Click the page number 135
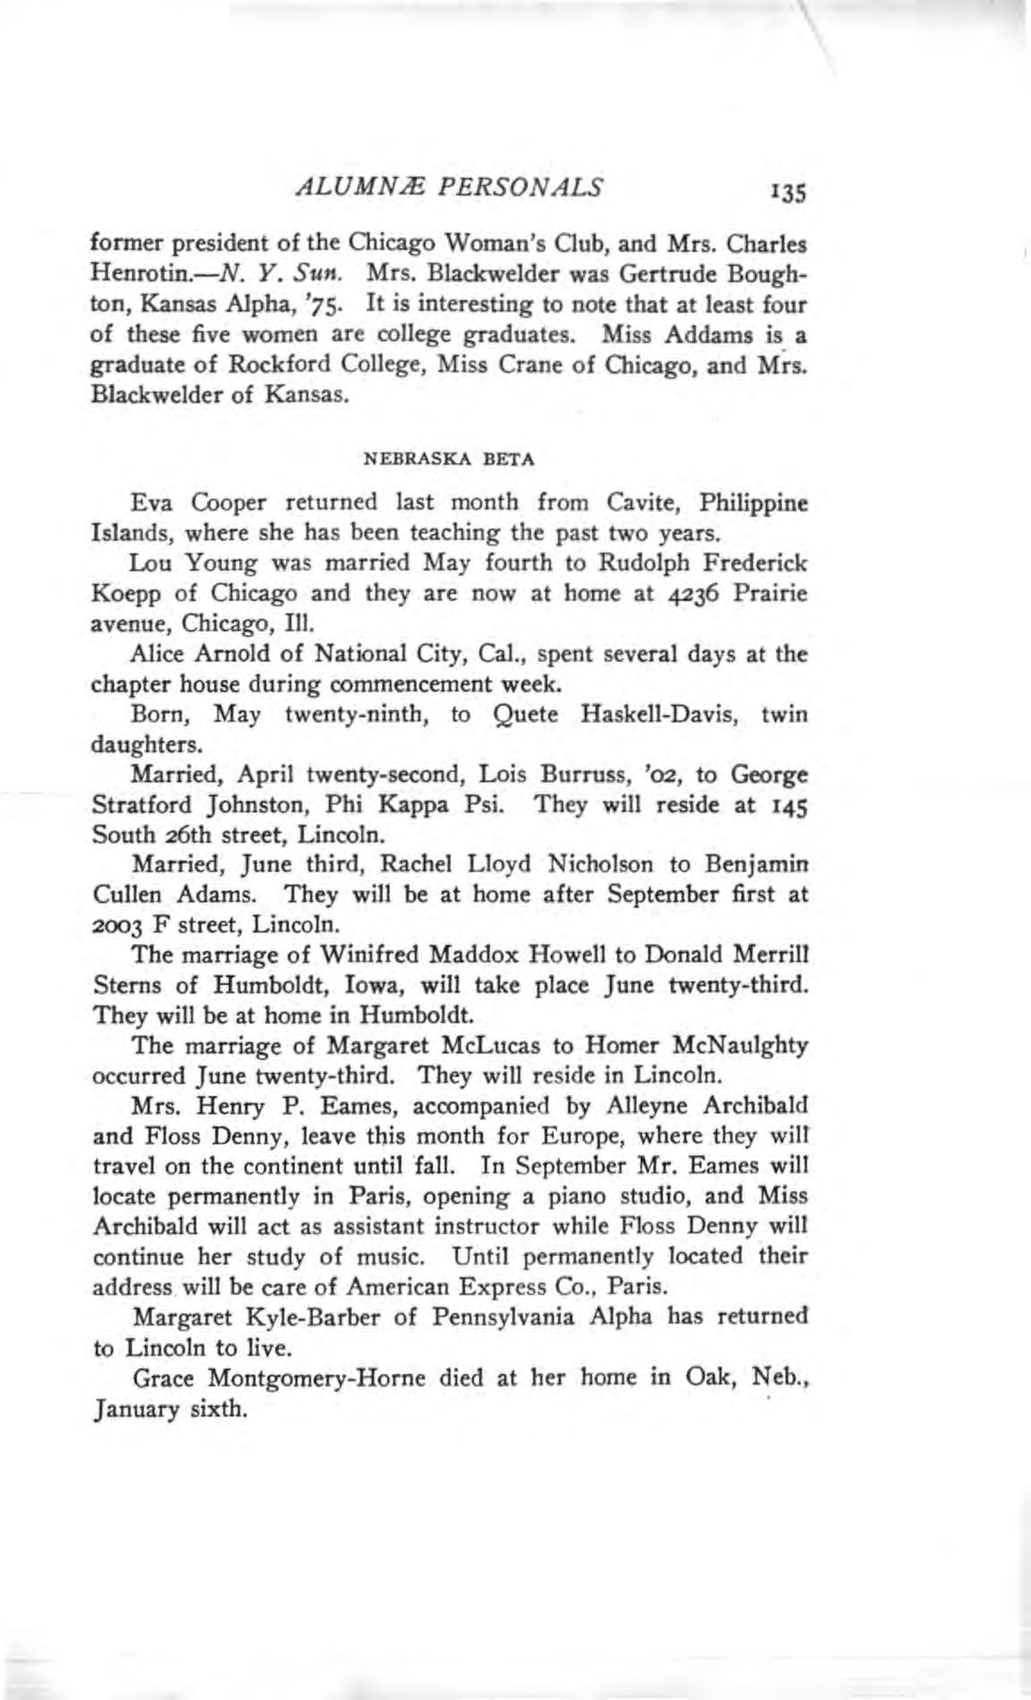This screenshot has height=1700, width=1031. click(x=788, y=191)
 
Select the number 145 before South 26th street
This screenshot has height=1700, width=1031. click(x=787, y=805)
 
